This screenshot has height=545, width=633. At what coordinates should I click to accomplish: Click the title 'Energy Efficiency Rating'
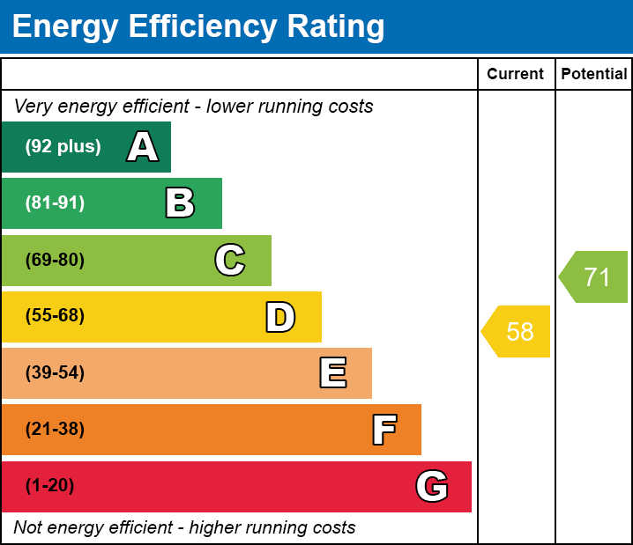click(198, 27)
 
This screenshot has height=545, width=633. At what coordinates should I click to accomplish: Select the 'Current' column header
click(516, 75)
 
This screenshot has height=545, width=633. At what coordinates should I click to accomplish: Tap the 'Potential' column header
click(594, 75)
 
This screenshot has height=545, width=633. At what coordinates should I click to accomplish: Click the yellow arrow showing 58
click(518, 332)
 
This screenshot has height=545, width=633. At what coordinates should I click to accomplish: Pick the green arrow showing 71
click(595, 277)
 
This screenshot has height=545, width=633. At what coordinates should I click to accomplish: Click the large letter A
click(143, 147)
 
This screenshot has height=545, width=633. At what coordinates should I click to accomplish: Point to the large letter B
click(180, 203)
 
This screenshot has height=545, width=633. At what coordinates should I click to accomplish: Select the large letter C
click(230, 261)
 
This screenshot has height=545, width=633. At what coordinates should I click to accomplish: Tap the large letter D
click(280, 317)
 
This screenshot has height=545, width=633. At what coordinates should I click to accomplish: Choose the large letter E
click(332, 373)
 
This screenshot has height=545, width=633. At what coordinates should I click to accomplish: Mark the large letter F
click(384, 430)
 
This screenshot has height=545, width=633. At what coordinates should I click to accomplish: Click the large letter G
click(432, 486)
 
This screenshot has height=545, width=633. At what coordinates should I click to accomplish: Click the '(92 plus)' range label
click(63, 147)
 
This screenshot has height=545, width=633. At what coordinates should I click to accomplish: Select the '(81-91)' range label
click(55, 203)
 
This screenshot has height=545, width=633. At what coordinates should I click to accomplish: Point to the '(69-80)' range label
click(55, 261)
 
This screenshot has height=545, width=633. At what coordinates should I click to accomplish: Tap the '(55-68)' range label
click(55, 316)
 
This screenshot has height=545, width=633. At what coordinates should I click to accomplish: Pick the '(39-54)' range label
click(55, 373)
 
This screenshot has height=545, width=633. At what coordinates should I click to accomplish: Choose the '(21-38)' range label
click(55, 430)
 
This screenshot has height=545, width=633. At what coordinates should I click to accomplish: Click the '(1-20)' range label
click(50, 486)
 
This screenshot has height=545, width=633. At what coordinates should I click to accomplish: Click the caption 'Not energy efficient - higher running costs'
click(185, 528)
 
